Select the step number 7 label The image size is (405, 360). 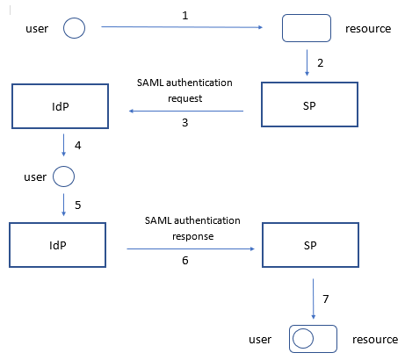tap(327, 299)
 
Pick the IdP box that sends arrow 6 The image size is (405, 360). tap(57, 245)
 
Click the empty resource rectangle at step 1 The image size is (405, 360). tap(306, 28)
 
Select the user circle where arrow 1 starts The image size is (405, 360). tap(76, 28)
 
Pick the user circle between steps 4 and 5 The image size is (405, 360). tap(63, 177)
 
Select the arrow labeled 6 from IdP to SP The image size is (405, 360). tap(193, 249)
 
